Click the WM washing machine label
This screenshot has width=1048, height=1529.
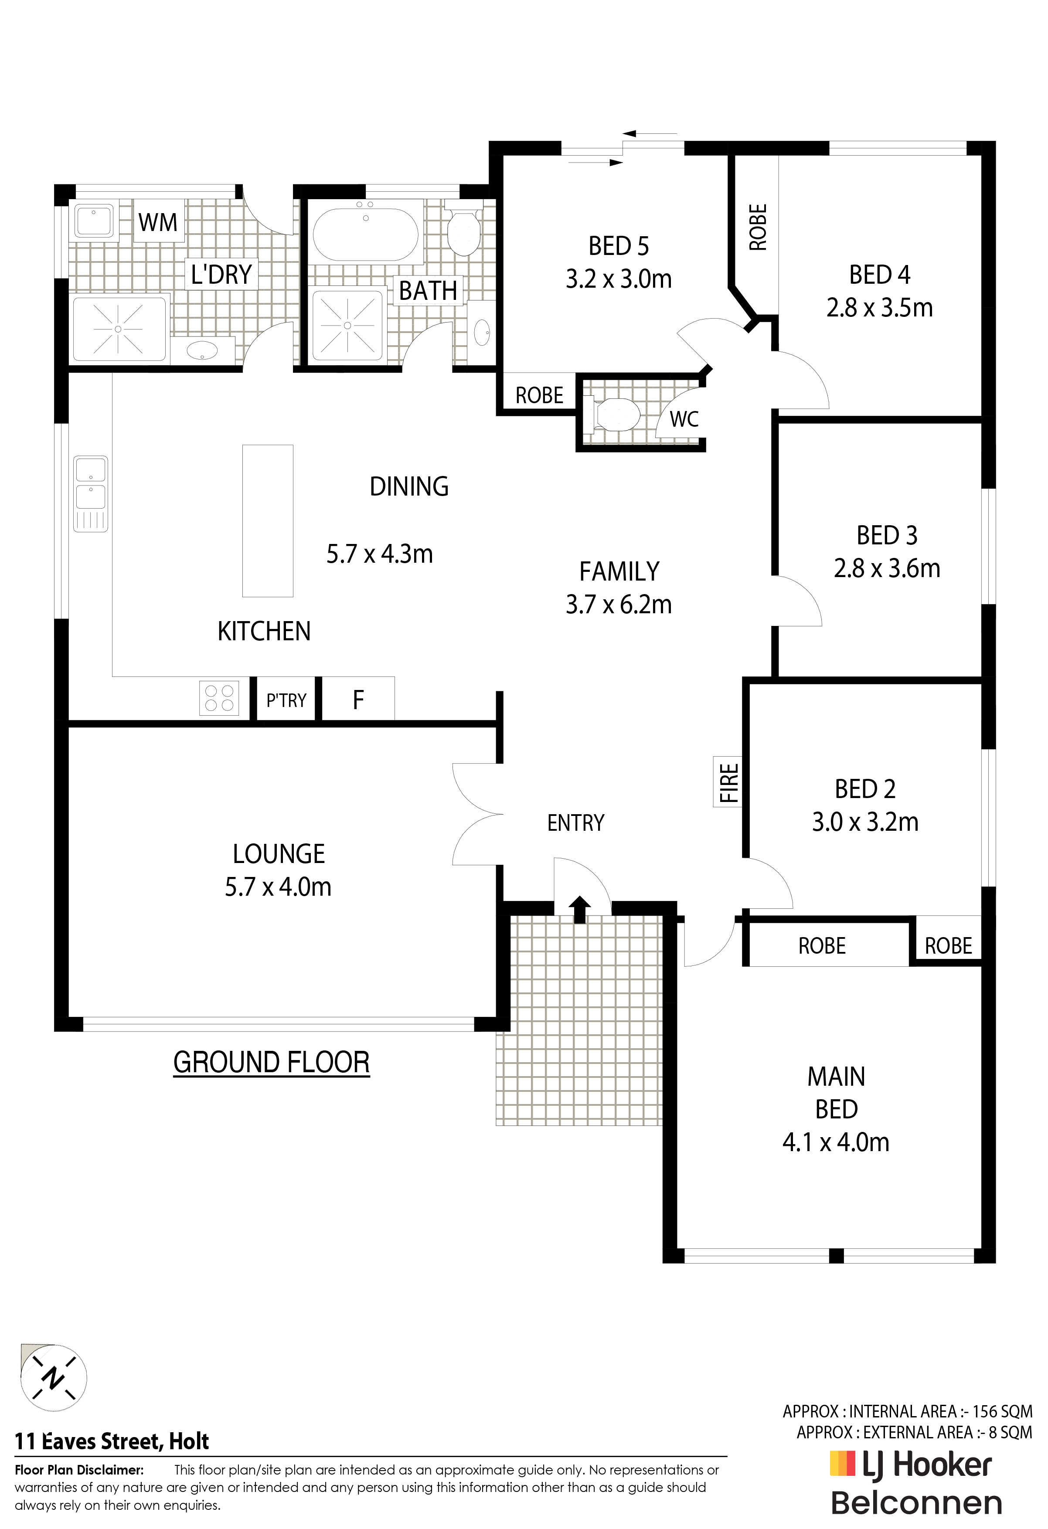click(158, 222)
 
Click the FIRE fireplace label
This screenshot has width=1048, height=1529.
click(729, 782)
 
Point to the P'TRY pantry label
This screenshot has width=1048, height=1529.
click(286, 700)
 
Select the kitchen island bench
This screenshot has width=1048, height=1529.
click(267, 520)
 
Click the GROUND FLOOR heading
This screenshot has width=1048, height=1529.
click(271, 1063)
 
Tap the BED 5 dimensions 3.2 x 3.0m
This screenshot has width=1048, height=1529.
click(619, 279)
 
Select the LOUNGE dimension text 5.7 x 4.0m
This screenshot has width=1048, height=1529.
click(278, 887)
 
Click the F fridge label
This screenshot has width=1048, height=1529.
click(358, 700)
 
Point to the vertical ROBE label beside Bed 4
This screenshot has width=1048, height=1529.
click(758, 227)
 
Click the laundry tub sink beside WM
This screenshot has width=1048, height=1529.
click(93, 220)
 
